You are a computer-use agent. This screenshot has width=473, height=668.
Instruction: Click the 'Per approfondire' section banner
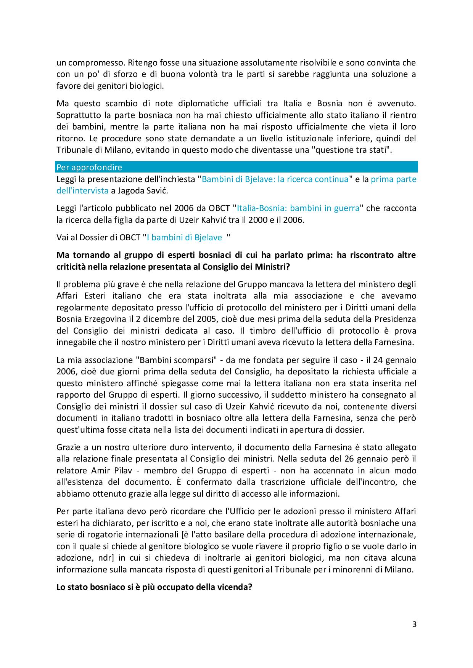tap(237, 167)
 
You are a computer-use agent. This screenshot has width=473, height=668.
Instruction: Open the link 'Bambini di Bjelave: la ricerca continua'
tap(275, 179)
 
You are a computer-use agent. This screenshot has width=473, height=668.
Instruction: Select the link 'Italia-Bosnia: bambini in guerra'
tap(298, 208)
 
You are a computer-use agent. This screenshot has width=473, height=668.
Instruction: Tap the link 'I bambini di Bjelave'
tap(184, 238)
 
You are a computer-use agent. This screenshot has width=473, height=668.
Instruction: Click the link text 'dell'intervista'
tap(82, 191)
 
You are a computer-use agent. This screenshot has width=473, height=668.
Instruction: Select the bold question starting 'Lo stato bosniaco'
tap(154, 587)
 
